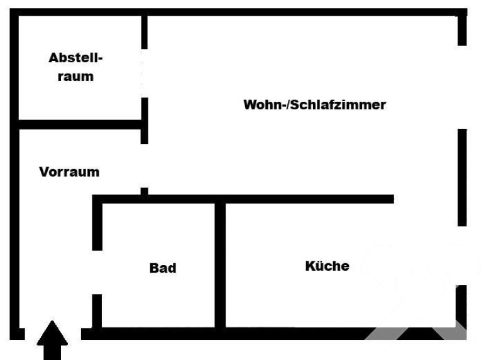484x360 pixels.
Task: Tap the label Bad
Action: click(163, 268)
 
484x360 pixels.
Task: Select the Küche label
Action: click(327, 266)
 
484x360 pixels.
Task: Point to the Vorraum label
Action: click(69, 172)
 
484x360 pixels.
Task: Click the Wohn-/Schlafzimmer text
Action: click(314, 105)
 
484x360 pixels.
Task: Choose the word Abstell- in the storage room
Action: click(75, 58)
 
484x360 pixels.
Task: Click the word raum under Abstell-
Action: click(75, 77)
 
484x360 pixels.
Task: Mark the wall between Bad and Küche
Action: click(220, 264)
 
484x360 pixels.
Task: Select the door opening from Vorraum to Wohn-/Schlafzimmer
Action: click(145, 165)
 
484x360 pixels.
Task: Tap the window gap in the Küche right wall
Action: click(462, 256)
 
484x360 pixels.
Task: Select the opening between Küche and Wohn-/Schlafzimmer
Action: click(427, 199)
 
